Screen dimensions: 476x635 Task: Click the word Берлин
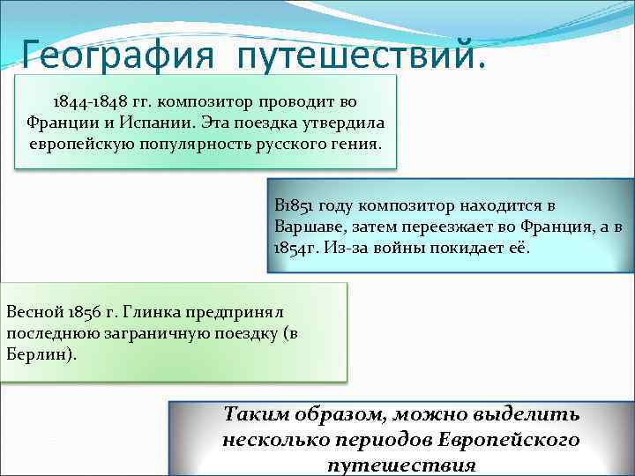35,353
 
